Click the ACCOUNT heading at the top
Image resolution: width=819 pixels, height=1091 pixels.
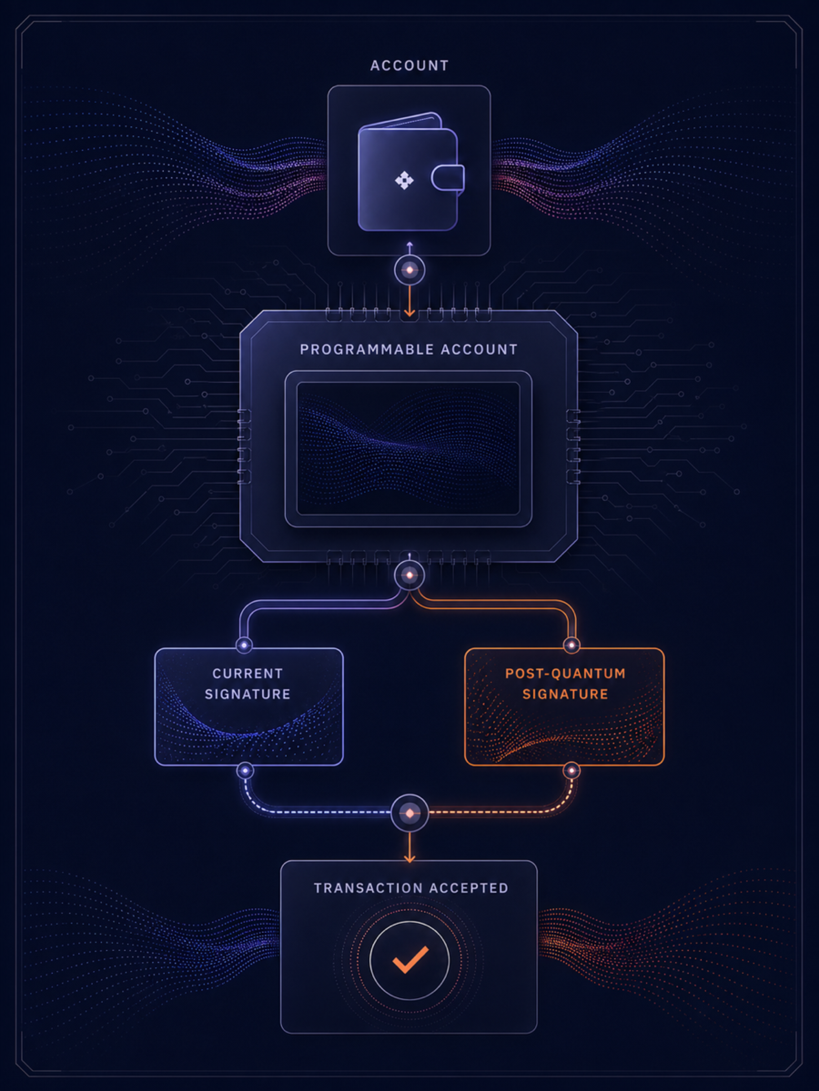409,65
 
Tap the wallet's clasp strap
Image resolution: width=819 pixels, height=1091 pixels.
448,178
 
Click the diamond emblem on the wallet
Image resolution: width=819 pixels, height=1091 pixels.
404,180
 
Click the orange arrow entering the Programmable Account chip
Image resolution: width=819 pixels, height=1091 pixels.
409,301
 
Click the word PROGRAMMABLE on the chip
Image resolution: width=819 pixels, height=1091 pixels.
366,350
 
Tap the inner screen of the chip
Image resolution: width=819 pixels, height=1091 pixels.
408,448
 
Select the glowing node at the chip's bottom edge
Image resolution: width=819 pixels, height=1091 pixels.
409,575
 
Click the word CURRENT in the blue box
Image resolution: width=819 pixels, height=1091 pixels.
248,673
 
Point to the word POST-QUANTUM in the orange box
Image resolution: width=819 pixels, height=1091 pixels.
565,673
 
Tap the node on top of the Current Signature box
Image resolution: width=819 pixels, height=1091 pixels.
244,645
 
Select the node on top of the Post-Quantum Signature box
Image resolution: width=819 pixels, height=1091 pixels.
571,645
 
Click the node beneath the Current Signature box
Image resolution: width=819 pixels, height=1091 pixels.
245,771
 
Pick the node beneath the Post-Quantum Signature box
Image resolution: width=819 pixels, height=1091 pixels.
571,771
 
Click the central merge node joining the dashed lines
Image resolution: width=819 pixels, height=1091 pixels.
409,813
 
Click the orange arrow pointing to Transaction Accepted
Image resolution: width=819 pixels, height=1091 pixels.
409,847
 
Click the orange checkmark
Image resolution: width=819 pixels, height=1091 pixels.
410,960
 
